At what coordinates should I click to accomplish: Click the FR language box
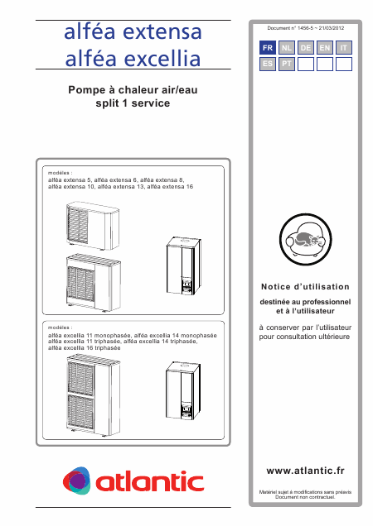(x=267, y=49)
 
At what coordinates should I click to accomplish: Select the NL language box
(x=286, y=49)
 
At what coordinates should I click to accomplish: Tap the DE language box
(x=305, y=49)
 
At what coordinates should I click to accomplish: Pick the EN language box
(x=325, y=49)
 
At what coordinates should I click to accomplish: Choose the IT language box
(x=344, y=49)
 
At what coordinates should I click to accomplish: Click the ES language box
(x=267, y=63)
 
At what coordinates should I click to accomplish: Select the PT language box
(x=286, y=63)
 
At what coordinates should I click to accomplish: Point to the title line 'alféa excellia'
(x=133, y=60)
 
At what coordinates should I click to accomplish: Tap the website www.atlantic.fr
(x=306, y=470)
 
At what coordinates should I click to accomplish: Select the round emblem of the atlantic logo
(x=78, y=479)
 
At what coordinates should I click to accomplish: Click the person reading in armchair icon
(x=306, y=238)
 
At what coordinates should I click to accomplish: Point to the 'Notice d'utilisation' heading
(x=306, y=286)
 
